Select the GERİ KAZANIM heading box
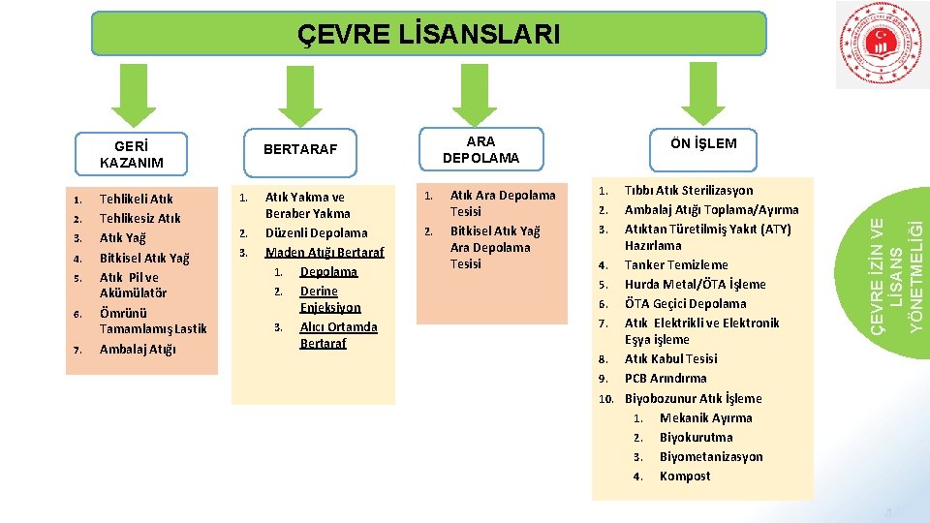click(131, 153)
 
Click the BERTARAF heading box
click(300, 149)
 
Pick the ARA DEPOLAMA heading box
click(480, 149)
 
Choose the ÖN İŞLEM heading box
click(702, 143)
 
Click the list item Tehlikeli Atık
click(136, 200)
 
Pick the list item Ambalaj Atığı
click(138, 350)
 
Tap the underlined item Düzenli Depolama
click(316, 232)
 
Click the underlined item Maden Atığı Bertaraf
click(325, 252)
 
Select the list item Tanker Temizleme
click(676, 264)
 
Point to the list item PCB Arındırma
click(666, 379)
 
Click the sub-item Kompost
click(685, 476)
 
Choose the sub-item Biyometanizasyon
click(711, 456)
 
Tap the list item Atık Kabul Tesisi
click(671, 359)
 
